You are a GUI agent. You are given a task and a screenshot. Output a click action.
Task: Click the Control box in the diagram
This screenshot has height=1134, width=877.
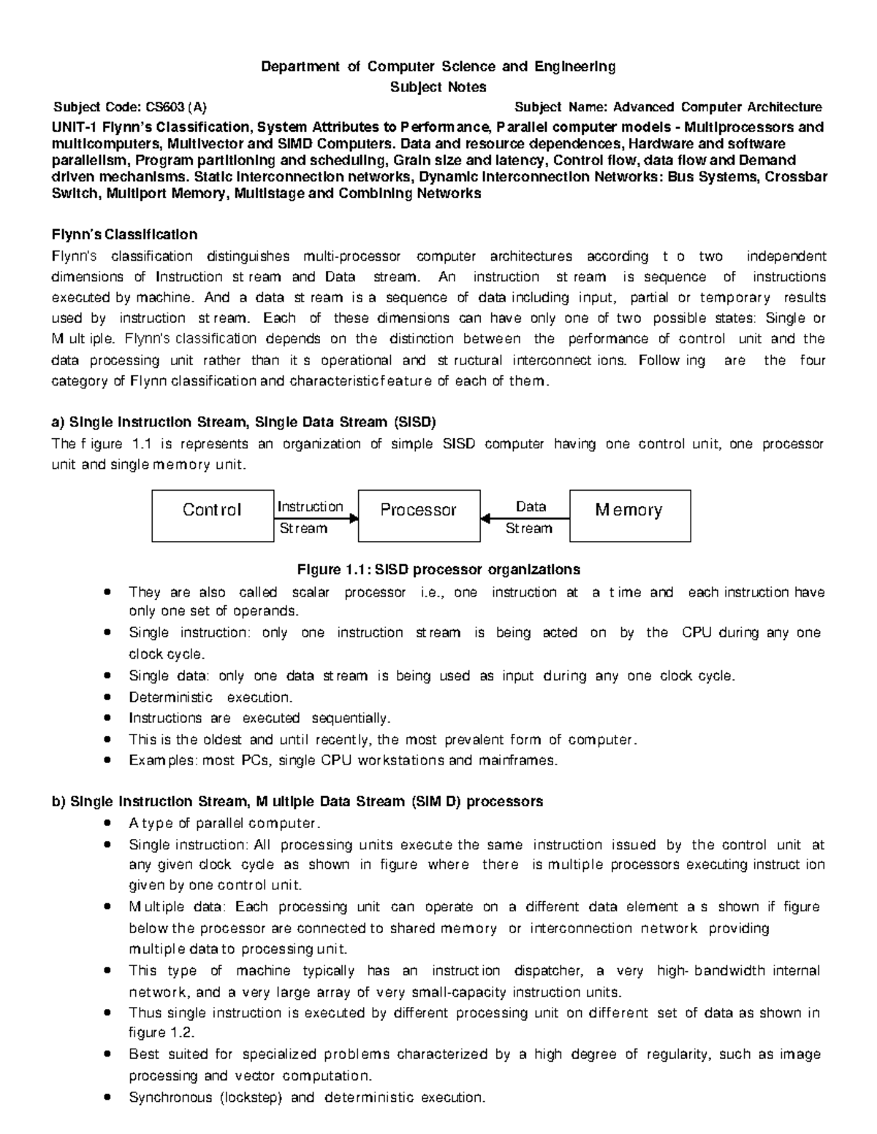pyautogui.click(x=213, y=516)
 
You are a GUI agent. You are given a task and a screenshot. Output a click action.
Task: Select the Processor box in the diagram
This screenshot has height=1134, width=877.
pyautogui.click(x=419, y=516)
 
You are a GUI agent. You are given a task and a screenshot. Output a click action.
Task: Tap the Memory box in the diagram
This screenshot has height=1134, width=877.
pyautogui.click(x=629, y=516)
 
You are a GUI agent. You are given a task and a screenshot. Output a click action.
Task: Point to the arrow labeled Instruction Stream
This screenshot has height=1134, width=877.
pyautogui.click(x=316, y=518)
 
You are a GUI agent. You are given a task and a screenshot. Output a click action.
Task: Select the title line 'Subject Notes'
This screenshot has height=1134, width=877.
pyautogui.click(x=438, y=87)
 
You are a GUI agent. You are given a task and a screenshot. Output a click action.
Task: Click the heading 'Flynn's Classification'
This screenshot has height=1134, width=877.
pyautogui.click(x=124, y=234)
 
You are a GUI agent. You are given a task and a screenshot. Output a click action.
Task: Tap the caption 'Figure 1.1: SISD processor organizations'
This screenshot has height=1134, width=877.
pyautogui.click(x=438, y=569)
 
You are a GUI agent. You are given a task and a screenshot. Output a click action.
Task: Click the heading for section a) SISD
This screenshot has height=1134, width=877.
pyautogui.click(x=243, y=422)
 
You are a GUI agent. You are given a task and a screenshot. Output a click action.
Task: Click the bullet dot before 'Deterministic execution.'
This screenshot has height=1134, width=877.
pyautogui.click(x=108, y=697)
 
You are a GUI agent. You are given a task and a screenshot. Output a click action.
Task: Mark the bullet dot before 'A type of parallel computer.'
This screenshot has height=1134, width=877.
pyautogui.click(x=108, y=823)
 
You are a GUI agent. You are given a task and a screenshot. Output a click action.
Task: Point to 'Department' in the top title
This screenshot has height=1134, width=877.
pyautogui.click(x=300, y=66)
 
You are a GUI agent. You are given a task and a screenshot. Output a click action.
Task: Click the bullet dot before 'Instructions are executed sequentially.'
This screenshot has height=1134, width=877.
pyautogui.click(x=108, y=719)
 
